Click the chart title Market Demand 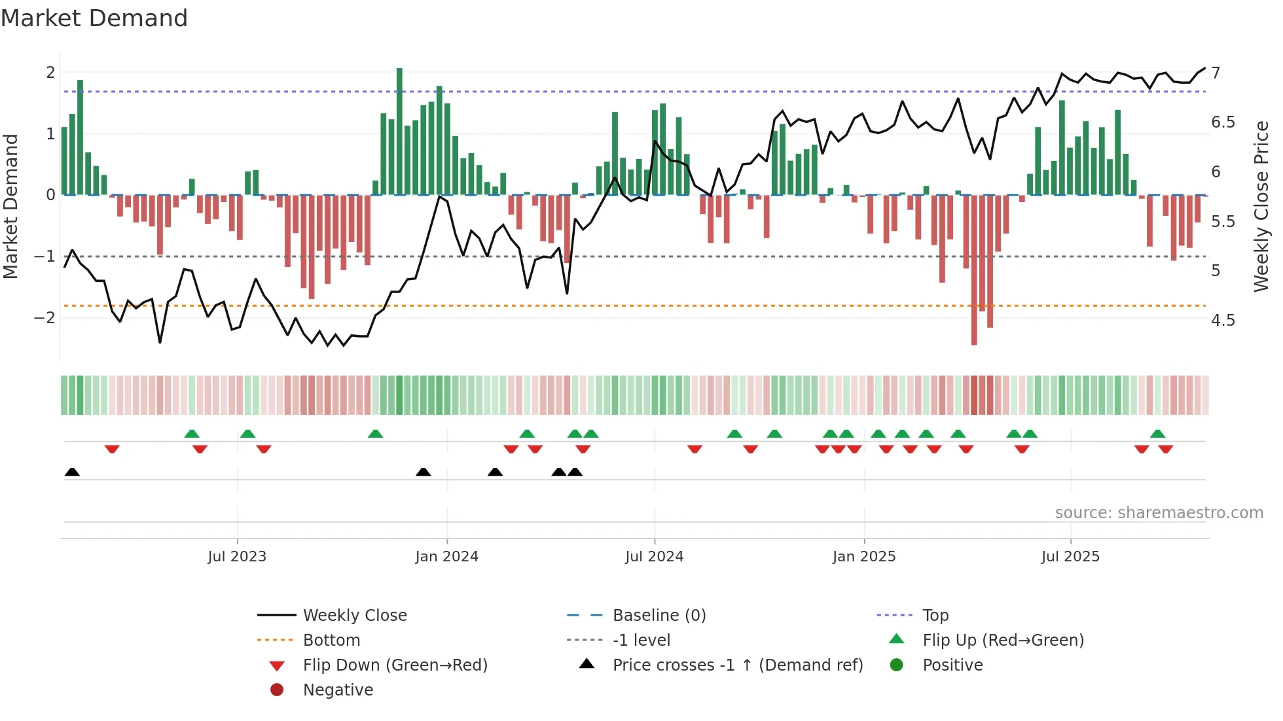[94, 18]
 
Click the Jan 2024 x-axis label [446, 557]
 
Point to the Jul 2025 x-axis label [1070, 557]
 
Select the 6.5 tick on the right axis [1222, 122]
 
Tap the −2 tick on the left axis [45, 318]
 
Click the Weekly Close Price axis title [1261, 206]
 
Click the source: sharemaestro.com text [1159, 513]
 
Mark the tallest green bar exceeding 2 [399, 131]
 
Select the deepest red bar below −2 [974, 270]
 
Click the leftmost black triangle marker [72, 472]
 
